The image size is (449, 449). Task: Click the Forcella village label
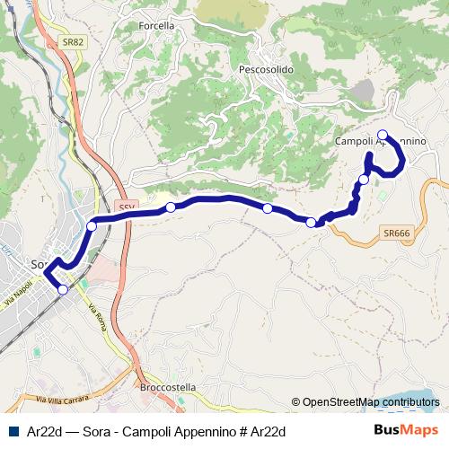(x=157, y=26)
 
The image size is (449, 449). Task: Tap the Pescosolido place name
(x=267, y=69)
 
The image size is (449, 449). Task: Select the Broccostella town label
(x=168, y=387)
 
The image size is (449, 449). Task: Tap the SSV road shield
(x=126, y=206)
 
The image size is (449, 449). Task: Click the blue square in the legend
(x=12, y=431)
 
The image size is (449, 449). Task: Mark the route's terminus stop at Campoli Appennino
(x=383, y=136)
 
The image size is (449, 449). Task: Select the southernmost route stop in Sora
(x=63, y=289)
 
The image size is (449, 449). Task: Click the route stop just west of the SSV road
(x=92, y=226)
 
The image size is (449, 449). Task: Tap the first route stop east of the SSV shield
(x=171, y=207)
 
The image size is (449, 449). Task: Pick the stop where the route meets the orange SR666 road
(x=312, y=223)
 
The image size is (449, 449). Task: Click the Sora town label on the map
(x=38, y=265)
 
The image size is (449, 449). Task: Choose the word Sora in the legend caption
(x=96, y=431)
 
